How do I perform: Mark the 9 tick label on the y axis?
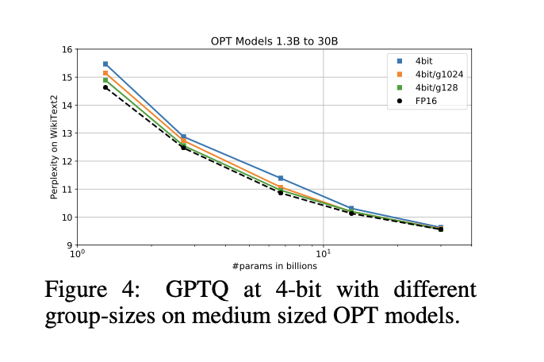tap(69, 245)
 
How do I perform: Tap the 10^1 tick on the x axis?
tap(324, 255)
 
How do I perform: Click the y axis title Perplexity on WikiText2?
tap(54, 148)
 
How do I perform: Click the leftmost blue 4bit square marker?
tap(105, 64)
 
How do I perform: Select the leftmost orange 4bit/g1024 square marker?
tap(105, 73)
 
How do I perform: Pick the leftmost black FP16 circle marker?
tap(105, 87)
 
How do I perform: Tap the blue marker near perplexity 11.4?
tap(281, 178)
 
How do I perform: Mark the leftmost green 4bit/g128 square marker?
tap(105, 80)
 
